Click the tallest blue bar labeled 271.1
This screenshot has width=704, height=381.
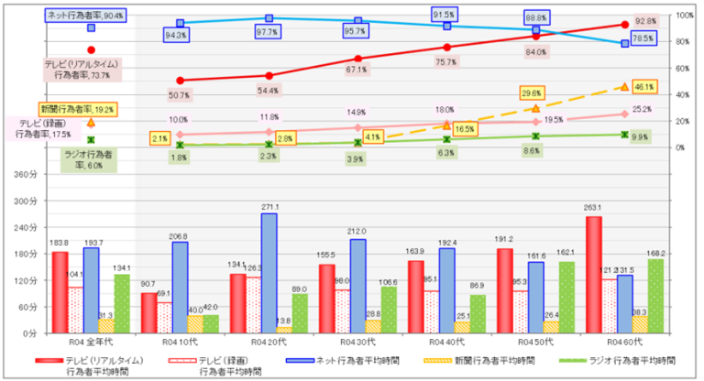pyautogui.click(x=269, y=273)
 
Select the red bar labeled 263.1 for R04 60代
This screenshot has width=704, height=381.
pyautogui.click(x=594, y=275)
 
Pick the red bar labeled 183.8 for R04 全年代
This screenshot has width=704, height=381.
pyautogui.click(x=60, y=291)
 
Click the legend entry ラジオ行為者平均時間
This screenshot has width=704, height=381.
pyautogui.click(x=620, y=361)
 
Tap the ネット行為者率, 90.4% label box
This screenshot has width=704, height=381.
pyautogui.click(x=86, y=16)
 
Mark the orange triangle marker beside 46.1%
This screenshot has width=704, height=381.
pyautogui.click(x=625, y=87)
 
